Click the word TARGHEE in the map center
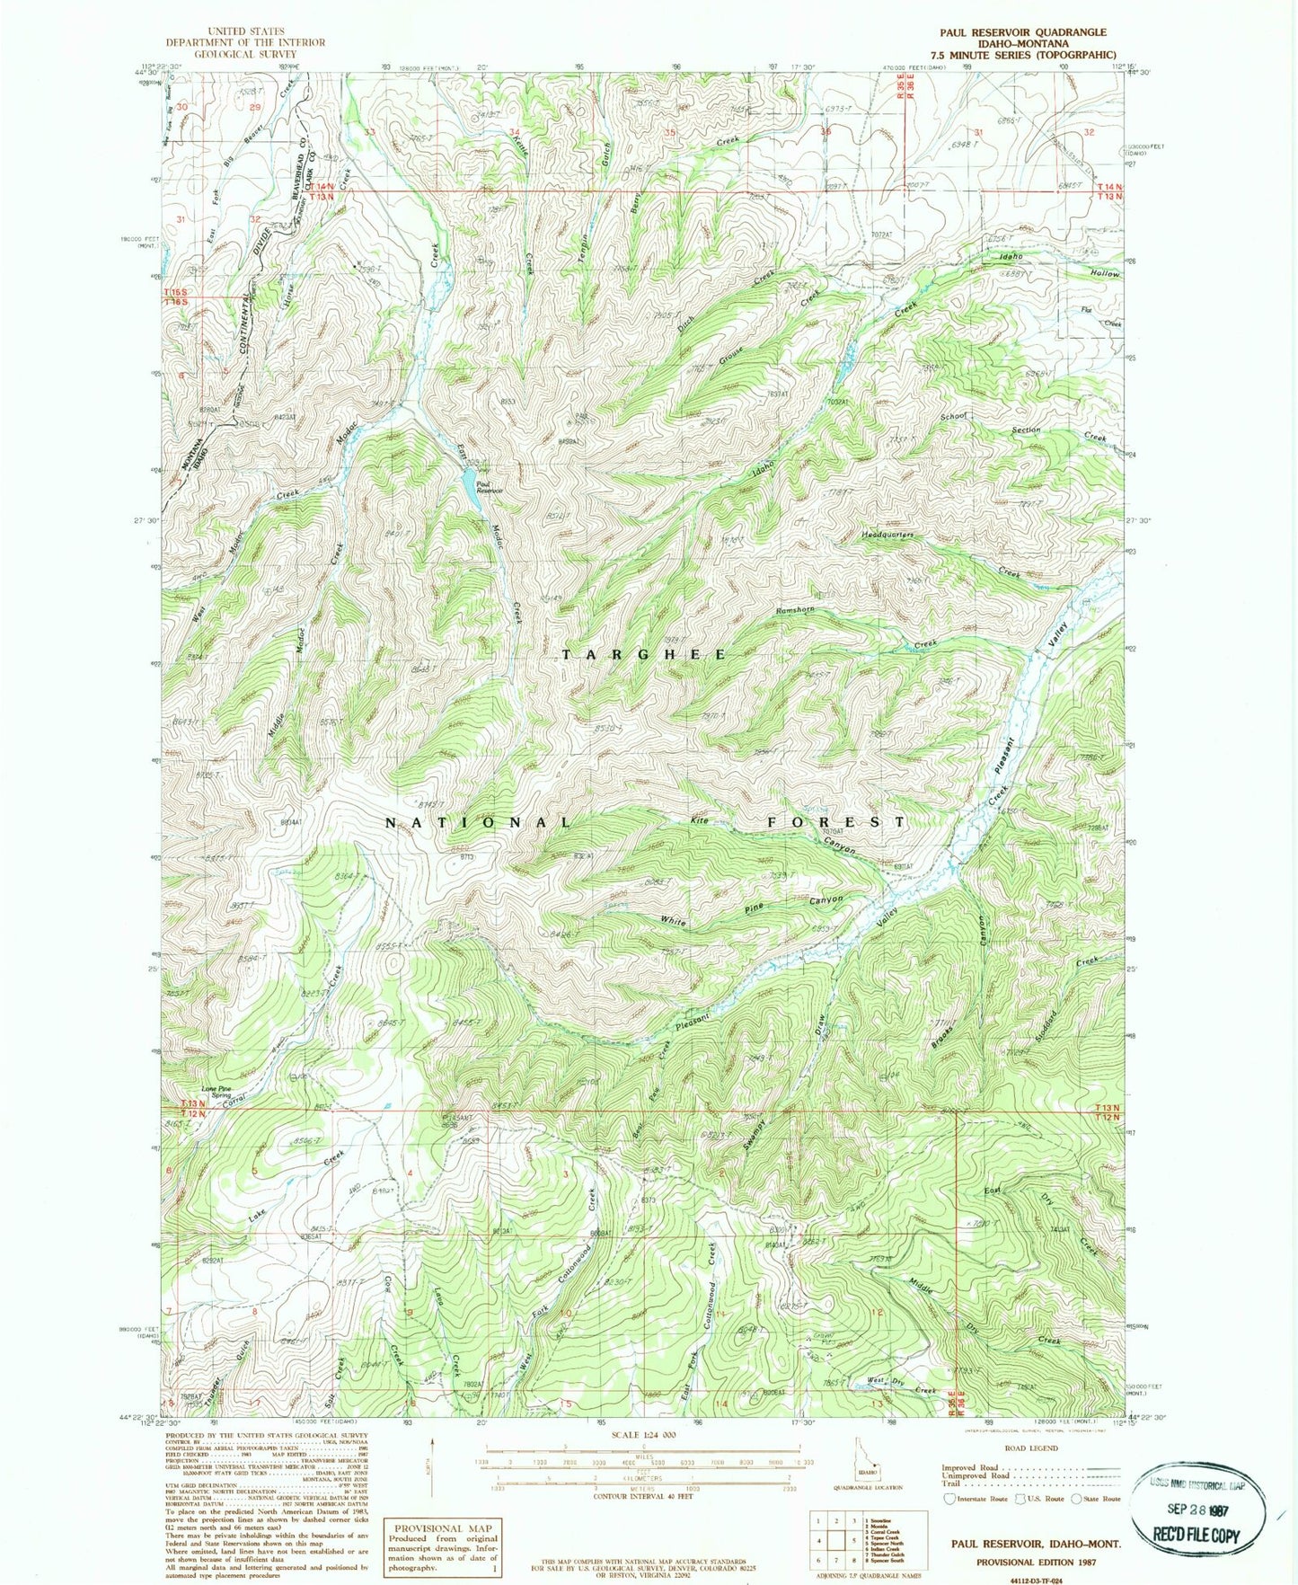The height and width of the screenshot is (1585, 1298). pos(644,654)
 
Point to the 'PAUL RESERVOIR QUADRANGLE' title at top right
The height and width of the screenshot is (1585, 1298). pos(1022,31)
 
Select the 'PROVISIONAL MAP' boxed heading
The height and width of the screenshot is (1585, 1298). pos(442,1527)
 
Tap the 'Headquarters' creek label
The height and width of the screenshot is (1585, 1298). pos(887,535)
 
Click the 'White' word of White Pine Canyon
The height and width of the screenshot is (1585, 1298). pos(674,920)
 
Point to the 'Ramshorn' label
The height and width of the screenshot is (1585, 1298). pos(795,610)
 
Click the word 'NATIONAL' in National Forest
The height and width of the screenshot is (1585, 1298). pos(478,822)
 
